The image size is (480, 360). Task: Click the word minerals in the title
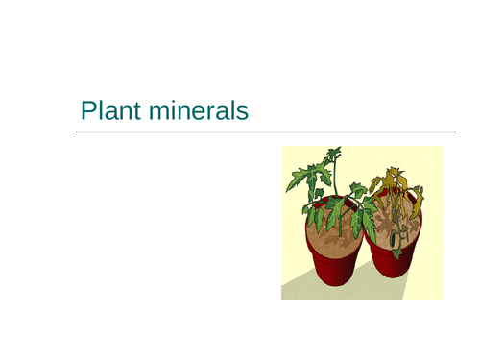(199, 111)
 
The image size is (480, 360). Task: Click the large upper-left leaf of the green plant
(305, 179)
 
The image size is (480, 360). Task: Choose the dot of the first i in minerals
(180, 103)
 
